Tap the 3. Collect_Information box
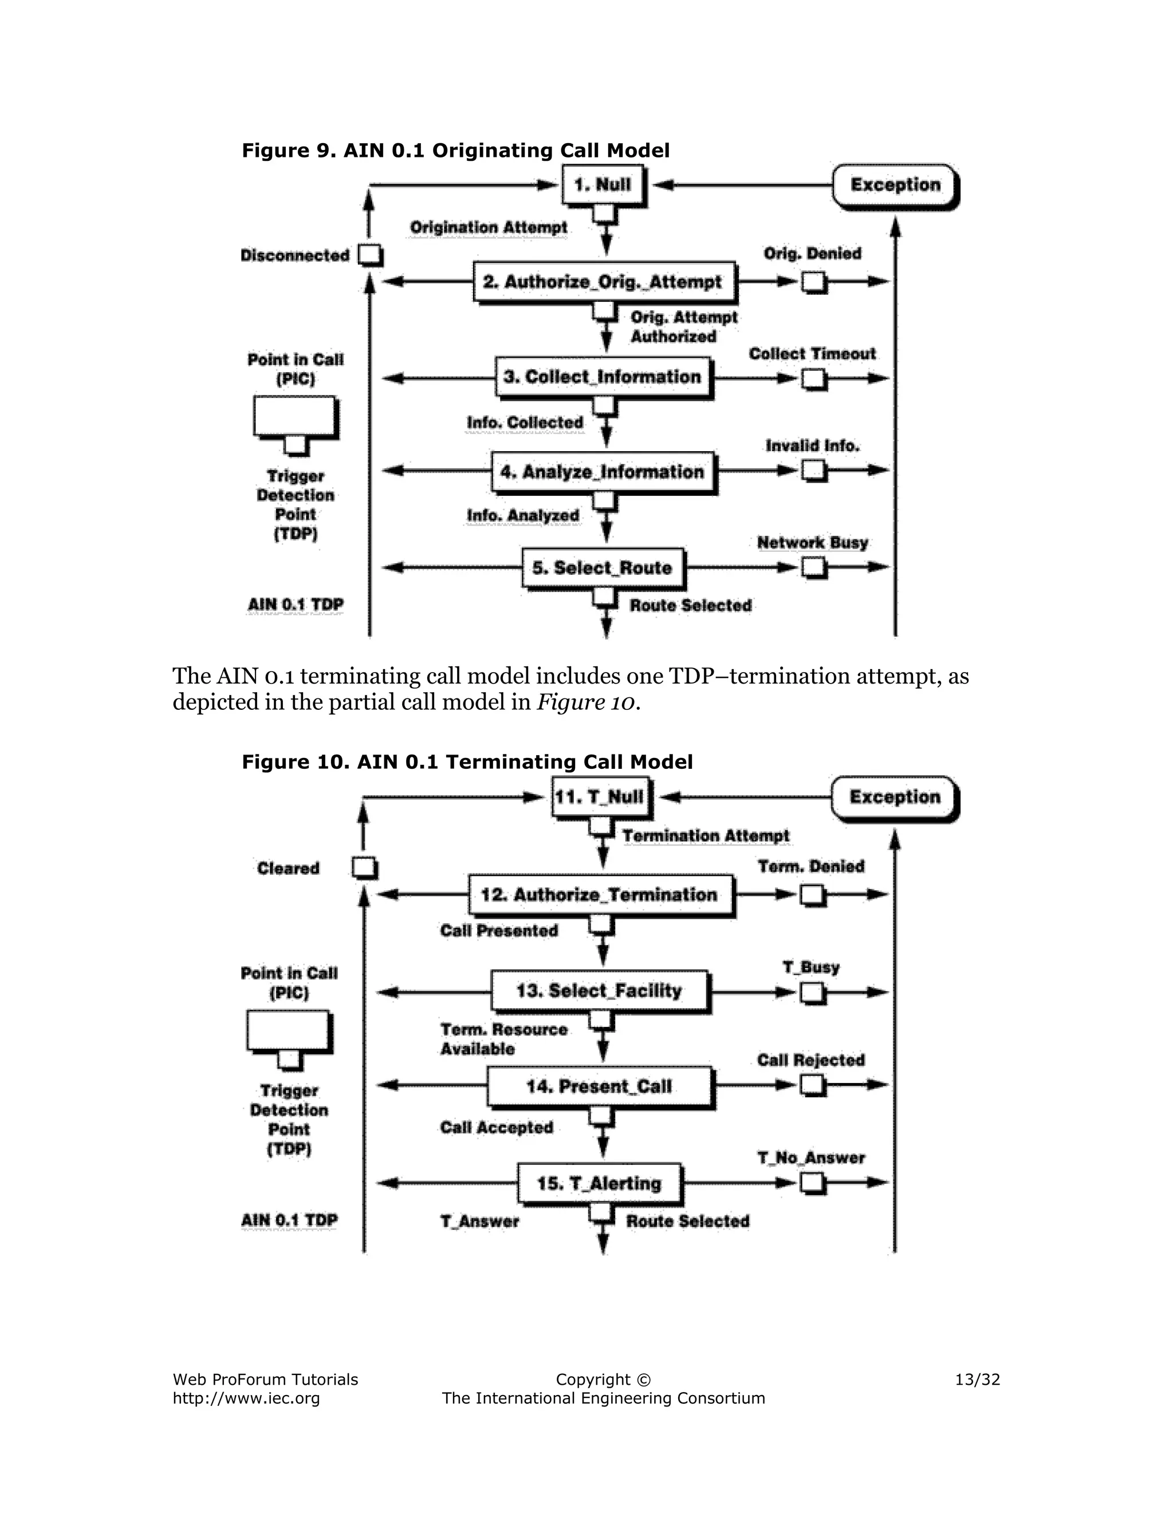click(x=603, y=377)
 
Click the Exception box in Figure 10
click(x=894, y=797)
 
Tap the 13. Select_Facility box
click(x=599, y=990)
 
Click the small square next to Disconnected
click(x=369, y=255)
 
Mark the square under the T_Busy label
click(x=811, y=993)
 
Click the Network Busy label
click(x=812, y=543)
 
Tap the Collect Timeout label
click(x=812, y=354)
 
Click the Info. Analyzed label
click(x=522, y=515)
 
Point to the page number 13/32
click(x=977, y=1380)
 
